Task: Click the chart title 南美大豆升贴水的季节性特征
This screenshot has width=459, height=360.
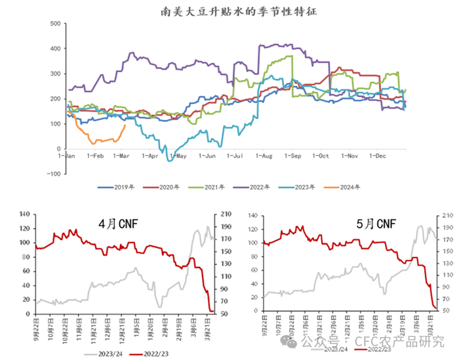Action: coord(229,11)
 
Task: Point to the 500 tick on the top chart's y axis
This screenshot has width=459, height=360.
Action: coord(56,24)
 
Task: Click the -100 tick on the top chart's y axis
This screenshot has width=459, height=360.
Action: coord(54,174)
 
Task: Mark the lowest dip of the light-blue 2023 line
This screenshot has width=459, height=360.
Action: coord(170,161)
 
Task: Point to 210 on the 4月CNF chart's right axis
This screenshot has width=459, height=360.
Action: coord(223,214)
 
